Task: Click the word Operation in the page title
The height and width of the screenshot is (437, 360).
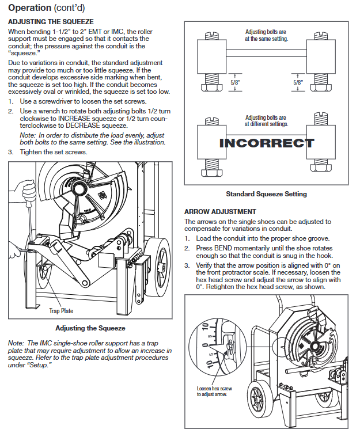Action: (x=29, y=8)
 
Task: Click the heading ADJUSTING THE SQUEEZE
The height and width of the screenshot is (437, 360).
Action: (x=50, y=21)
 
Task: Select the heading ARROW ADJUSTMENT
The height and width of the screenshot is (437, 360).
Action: (x=219, y=212)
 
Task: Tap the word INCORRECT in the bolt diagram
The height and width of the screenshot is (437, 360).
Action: (x=267, y=143)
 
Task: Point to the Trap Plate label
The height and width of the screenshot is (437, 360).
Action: (x=61, y=311)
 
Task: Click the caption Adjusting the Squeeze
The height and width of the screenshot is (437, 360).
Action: (x=90, y=328)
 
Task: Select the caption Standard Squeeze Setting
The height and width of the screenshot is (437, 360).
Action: (x=266, y=194)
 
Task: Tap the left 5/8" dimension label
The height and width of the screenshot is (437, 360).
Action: (x=235, y=82)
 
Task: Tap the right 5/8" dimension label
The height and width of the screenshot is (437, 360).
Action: (x=298, y=82)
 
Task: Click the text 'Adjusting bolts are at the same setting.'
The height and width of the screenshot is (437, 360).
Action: (x=266, y=35)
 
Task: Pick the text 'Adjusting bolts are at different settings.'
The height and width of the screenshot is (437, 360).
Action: (x=266, y=120)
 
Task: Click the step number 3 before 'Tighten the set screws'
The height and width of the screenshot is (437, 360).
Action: (x=10, y=152)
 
